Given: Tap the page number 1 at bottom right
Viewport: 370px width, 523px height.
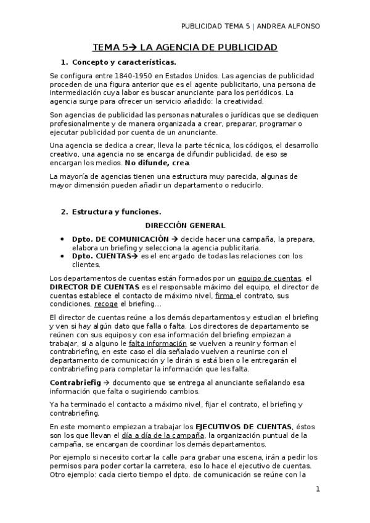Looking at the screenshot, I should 317,489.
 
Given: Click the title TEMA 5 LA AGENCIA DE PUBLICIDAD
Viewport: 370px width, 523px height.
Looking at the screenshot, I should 184,47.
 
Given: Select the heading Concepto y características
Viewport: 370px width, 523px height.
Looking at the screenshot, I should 123,62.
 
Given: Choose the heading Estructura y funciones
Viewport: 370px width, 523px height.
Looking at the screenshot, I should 116,212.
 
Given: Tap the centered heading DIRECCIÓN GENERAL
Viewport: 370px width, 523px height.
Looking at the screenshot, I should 185,225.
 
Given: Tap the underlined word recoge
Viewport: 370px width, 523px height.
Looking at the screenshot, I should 106,304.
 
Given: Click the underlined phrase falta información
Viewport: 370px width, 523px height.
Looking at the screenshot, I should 157,343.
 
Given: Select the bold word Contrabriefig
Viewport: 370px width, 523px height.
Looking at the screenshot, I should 75,382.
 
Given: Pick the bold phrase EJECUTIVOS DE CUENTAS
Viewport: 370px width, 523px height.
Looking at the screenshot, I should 244,426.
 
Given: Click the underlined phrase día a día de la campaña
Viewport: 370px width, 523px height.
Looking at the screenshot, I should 163,435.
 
